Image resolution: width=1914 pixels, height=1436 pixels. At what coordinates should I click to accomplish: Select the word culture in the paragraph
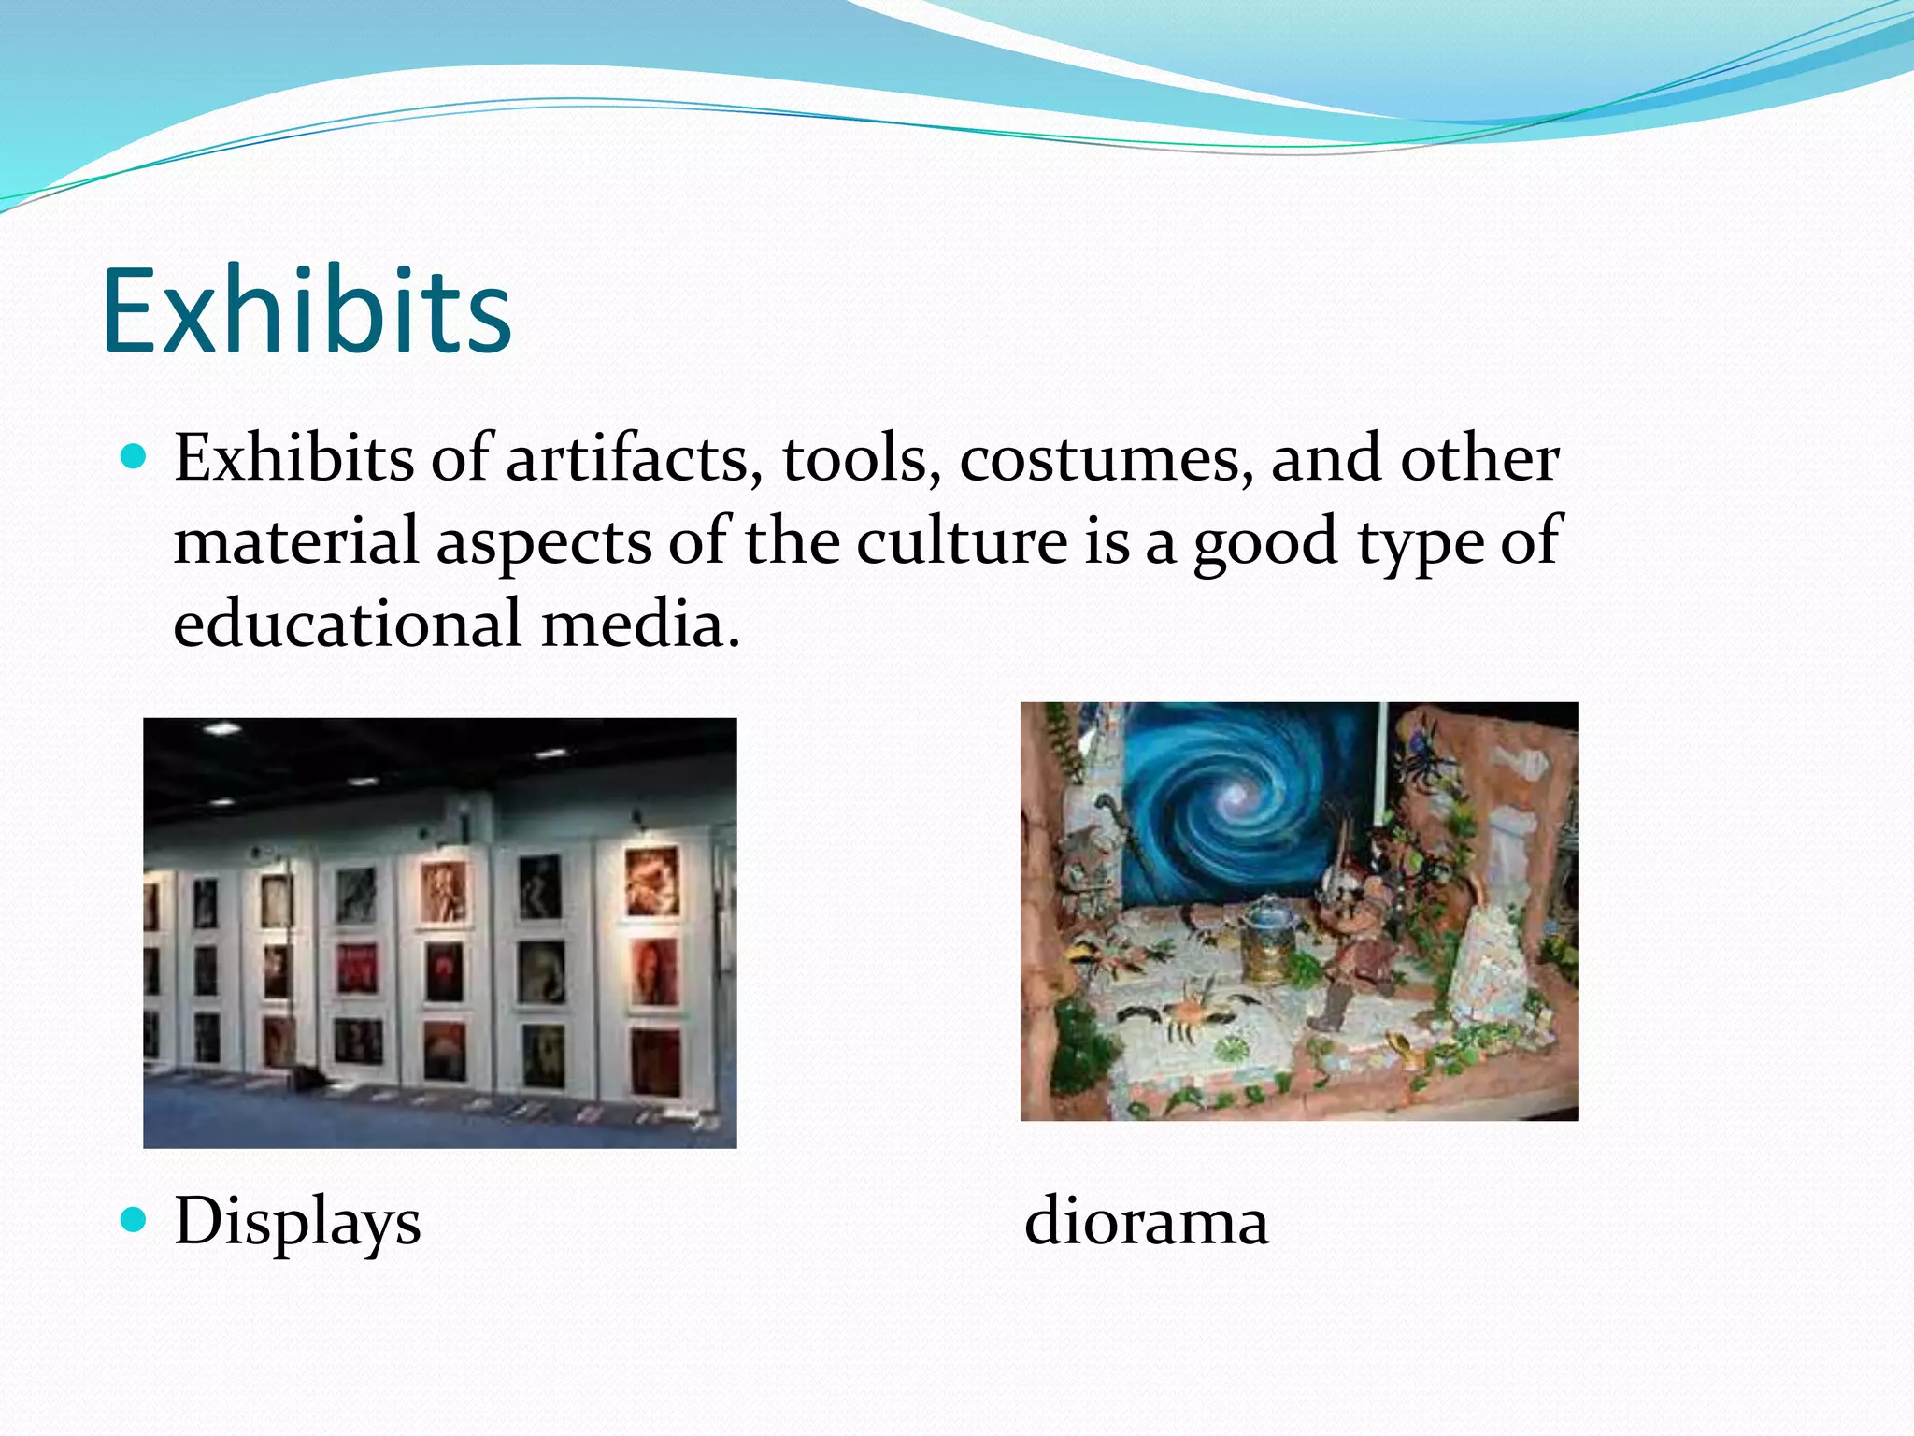pos(962,541)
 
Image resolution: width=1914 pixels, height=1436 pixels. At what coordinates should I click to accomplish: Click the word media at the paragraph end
pos(640,624)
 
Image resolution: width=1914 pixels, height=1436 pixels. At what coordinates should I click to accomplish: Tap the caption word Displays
pos(297,1223)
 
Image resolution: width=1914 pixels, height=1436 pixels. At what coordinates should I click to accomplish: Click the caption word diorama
pos(1147,1221)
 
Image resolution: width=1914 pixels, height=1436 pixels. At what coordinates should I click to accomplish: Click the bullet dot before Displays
pos(135,1219)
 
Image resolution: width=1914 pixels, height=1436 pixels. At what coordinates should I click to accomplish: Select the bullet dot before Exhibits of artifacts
pos(135,457)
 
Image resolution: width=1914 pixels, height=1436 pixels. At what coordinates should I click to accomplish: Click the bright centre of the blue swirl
pos(1236,797)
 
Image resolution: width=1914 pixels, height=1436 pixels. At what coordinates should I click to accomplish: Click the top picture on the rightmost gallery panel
pos(651,881)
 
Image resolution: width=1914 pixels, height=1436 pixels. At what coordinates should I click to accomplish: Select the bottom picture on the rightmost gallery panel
pos(653,1060)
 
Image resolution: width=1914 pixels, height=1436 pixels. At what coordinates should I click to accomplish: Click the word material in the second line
pos(296,541)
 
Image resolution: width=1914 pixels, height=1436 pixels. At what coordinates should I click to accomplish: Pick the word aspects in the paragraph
pos(545,543)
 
